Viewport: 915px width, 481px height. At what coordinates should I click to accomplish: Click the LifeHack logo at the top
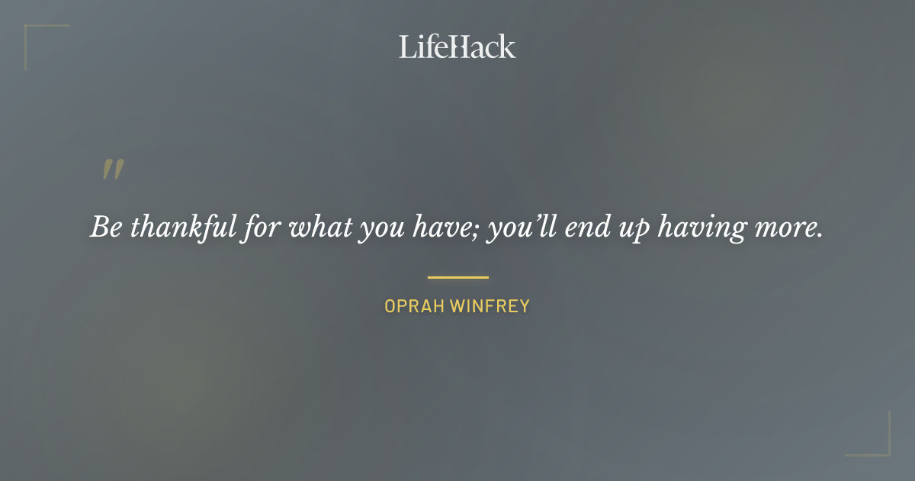coord(457,47)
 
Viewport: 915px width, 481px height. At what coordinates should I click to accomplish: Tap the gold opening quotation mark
coord(113,170)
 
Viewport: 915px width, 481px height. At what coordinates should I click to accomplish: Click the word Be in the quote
coord(106,228)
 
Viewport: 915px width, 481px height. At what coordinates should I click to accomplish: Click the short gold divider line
coord(457,277)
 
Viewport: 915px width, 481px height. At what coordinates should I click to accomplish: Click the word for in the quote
coord(255,228)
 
